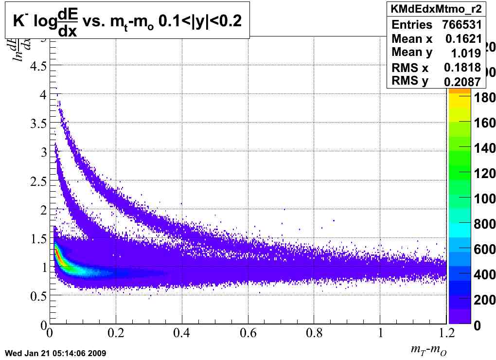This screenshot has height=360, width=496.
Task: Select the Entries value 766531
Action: [461, 25]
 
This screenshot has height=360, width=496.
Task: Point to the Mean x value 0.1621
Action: [463, 39]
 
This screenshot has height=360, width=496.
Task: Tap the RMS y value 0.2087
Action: [462, 82]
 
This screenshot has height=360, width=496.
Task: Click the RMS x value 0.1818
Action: [463, 68]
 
